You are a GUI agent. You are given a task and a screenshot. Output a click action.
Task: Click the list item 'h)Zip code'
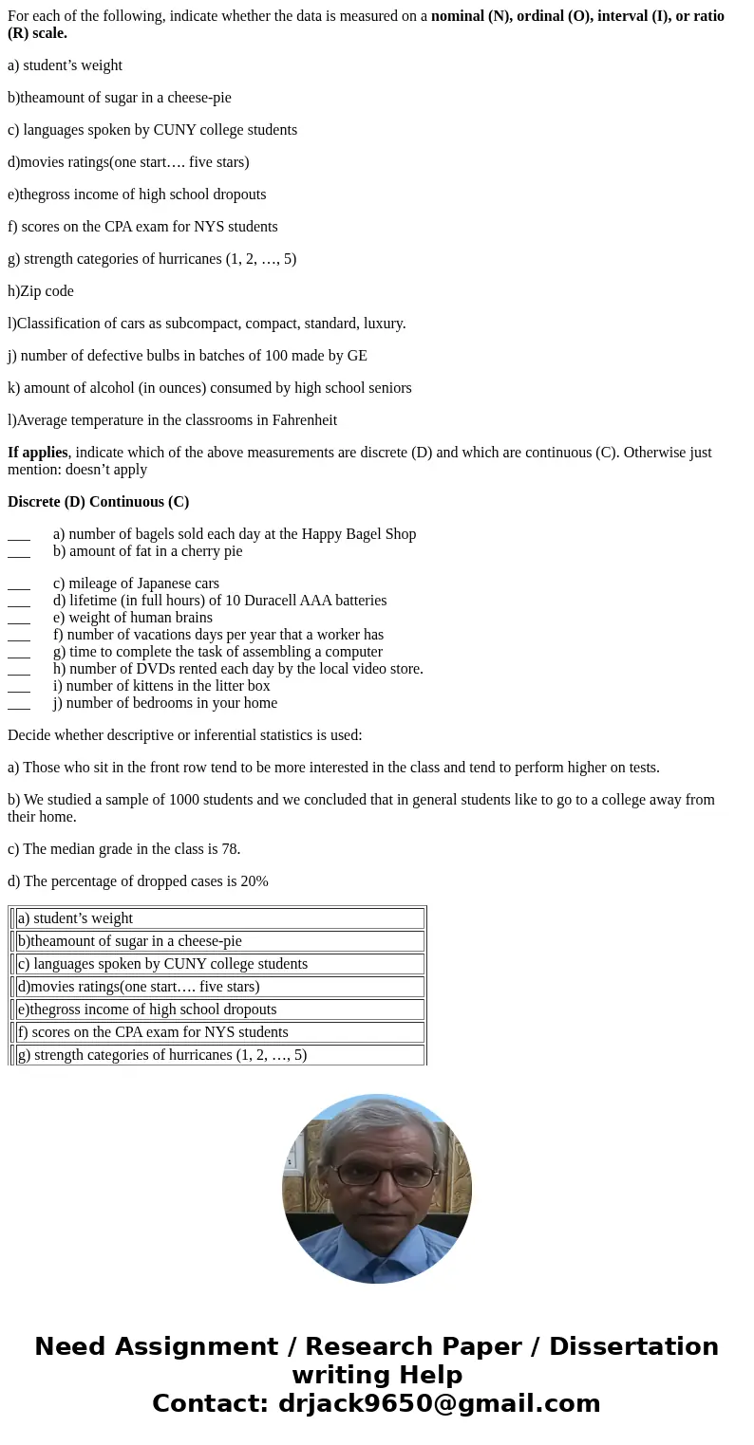click(41, 291)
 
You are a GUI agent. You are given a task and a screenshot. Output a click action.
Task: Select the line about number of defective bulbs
click(187, 356)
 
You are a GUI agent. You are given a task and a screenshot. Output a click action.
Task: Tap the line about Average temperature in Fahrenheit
click(172, 420)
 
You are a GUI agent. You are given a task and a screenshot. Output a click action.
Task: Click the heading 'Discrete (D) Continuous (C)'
click(98, 502)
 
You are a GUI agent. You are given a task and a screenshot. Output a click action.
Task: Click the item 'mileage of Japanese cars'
click(136, 584)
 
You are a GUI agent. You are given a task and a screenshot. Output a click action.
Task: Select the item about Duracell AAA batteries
click(219, 601)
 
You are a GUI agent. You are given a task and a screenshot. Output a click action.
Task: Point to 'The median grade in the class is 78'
click(123, 849)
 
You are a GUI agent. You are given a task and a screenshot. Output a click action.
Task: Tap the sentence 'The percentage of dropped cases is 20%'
click(138, 881)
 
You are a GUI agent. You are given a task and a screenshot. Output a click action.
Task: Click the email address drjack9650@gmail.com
click(439, 1404)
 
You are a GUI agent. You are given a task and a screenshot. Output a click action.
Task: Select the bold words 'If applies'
click(38, 453)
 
